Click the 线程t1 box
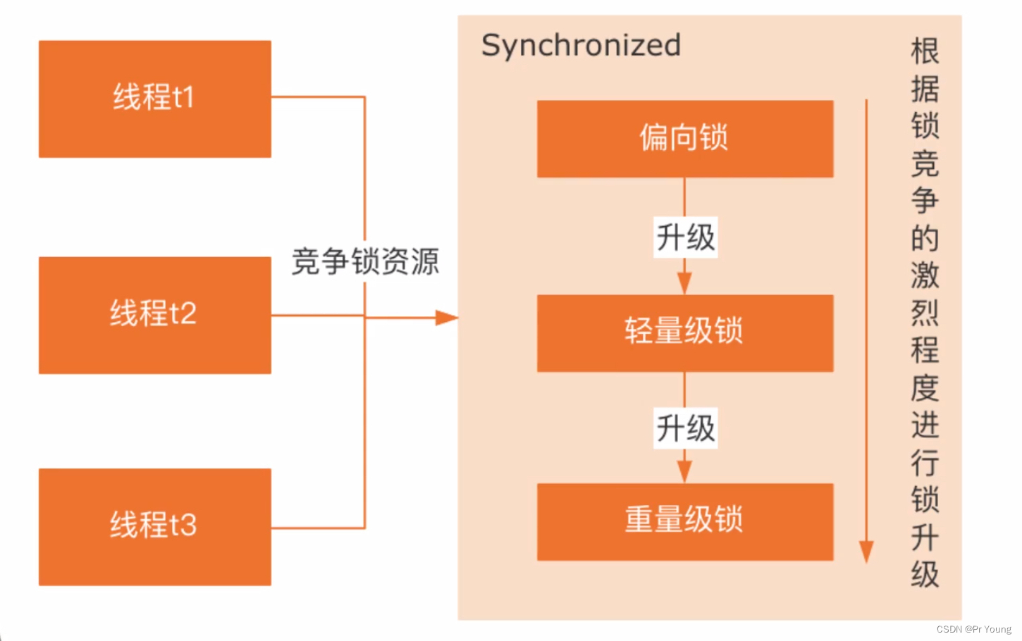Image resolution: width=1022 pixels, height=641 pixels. (154, 99)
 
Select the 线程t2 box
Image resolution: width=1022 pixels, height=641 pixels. (154, 314)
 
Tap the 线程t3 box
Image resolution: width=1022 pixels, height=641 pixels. (154, 526)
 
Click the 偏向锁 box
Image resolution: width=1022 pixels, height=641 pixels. (684, 138)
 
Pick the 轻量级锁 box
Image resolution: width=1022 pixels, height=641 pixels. (684, 332)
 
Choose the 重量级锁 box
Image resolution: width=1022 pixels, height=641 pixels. (684, 521)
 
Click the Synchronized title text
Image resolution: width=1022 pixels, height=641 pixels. (581, 46)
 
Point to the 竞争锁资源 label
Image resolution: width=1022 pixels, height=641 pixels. (365, 262)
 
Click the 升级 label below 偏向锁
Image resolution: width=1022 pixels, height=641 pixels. (685, 237)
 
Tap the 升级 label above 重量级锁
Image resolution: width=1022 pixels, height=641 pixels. (685, 428)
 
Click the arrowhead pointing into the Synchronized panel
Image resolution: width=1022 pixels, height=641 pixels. (447, 318)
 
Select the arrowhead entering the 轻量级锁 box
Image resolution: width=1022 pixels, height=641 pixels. (684, 283)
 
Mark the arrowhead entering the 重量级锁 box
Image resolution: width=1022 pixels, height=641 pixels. (684, 472)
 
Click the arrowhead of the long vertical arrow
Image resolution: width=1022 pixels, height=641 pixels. (866, 552)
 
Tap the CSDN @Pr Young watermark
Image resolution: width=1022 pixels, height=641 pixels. (973, 629)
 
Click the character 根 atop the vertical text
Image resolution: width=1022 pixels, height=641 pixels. (925, 52)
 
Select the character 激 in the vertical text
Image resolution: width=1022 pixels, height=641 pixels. (925, 275)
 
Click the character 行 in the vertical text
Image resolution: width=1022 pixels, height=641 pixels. (925, 463)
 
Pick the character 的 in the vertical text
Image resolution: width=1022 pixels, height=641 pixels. (925, 239)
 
